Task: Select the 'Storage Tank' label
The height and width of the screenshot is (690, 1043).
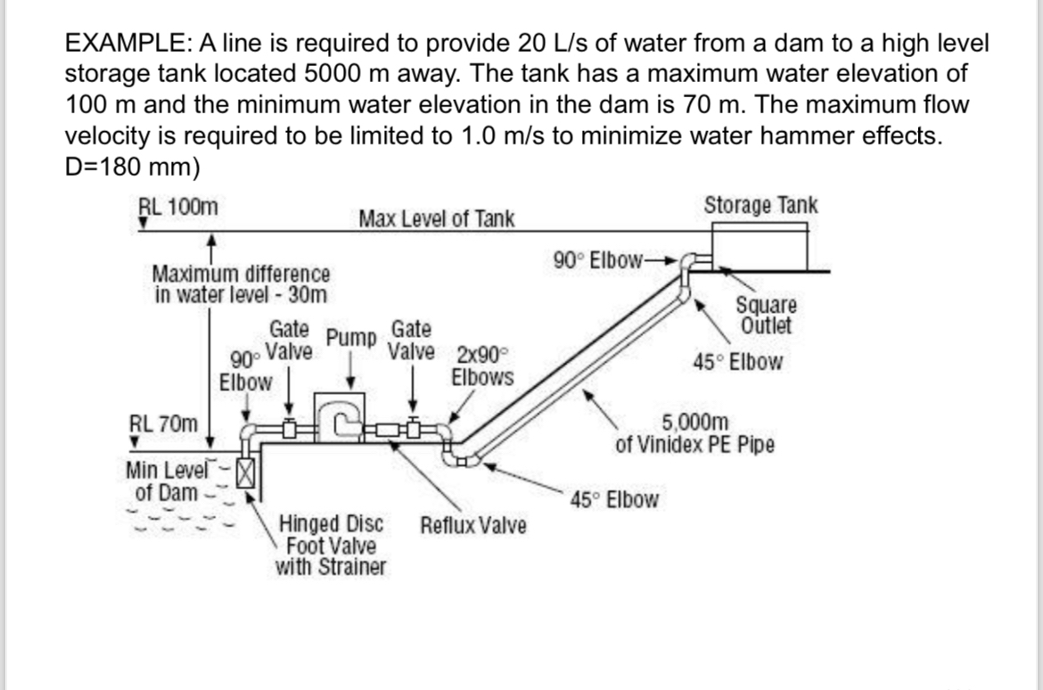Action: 760,205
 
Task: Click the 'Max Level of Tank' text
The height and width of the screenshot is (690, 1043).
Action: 436,218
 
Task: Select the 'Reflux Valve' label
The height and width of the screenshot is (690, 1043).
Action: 472,525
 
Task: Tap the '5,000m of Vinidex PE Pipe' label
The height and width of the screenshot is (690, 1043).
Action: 694,432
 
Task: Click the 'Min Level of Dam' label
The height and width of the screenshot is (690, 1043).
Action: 167,481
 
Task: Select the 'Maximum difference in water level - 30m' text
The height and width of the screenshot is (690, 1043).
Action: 241,283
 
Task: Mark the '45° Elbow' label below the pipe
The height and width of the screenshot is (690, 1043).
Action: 614,499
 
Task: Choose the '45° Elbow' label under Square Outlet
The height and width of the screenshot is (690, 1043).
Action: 738,363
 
